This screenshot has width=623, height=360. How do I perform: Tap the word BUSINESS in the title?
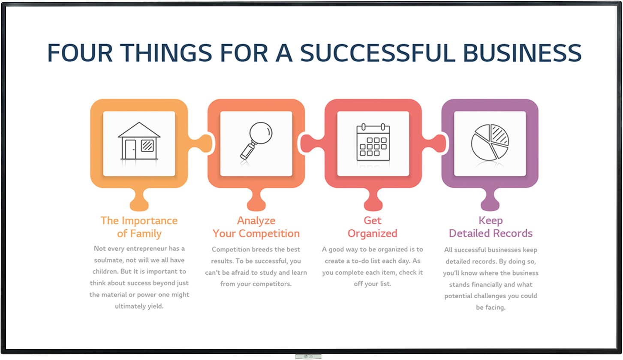coord(522,53)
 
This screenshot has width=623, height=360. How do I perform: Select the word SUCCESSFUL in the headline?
coord(378,53)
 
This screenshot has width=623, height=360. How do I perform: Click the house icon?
coord(139,141)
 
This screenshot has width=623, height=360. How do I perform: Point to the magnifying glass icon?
coord(256,141)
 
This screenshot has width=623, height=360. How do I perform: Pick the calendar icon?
coord(373,142)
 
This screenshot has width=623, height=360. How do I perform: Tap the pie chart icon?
coord(490,142)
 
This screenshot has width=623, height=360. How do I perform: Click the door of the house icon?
coord(130,149)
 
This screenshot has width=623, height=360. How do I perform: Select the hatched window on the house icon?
coord(147,146)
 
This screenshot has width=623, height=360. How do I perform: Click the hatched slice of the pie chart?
coord(500,135)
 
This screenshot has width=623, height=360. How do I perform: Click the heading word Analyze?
coord(256,220)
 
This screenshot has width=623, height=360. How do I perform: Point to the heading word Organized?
coord(373,234)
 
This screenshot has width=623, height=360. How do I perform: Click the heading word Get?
coord(373,220)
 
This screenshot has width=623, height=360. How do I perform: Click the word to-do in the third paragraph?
coord(361,261)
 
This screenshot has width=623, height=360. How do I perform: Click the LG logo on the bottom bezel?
coord(308,357)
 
